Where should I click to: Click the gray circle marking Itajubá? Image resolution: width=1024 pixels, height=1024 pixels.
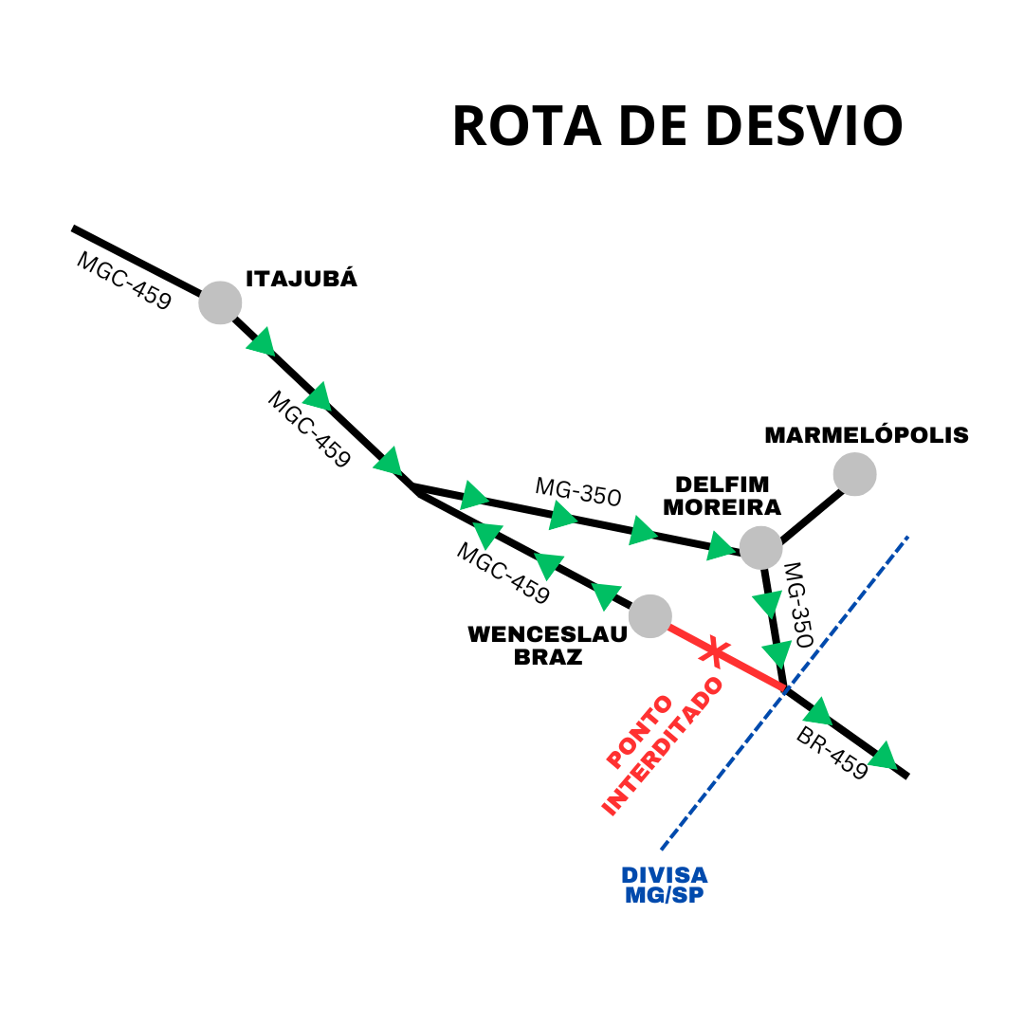click(220, 302)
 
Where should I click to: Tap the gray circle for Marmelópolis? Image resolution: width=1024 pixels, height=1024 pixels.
click(854, 474)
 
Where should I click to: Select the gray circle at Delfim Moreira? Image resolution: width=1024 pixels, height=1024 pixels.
click(760, 547)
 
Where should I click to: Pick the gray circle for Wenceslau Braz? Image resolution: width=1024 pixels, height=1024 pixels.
click(649, 616)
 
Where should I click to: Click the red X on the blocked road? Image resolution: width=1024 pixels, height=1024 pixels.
click(714, 651)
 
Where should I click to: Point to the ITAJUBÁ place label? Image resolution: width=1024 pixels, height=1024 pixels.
click(302, 279)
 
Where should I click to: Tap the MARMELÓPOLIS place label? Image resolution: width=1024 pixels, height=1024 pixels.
click(867, 435)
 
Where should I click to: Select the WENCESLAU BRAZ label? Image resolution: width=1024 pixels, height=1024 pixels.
click(548, 646)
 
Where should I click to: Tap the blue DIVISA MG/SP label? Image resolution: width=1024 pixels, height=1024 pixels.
click(665, 885)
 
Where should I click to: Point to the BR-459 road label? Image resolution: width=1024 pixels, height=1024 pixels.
click(832, 754)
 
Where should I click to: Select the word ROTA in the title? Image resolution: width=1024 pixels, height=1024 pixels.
click(526, 125)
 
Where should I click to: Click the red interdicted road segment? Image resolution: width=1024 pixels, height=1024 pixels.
click(749, 668)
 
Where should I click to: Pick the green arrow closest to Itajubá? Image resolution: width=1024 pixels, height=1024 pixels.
click(261, 342)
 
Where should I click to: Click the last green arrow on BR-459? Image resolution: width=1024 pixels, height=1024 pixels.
click(884, 757)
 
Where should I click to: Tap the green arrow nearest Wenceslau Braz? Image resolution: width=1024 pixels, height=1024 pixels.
click(606, 594)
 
